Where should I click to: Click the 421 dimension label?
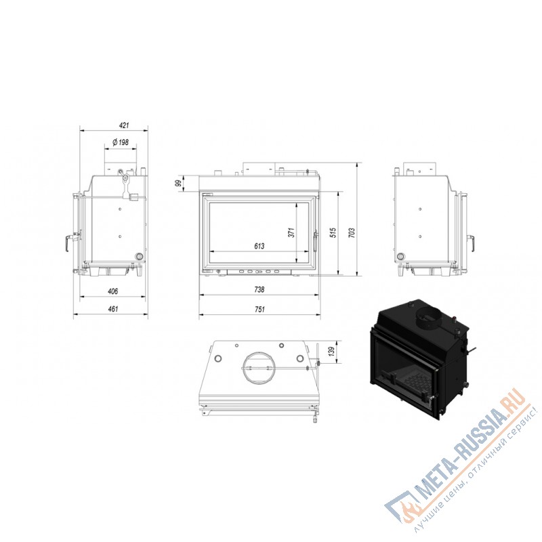coord(124,125)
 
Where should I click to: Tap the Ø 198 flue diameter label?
coord(121,142)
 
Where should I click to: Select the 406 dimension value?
coord(112,291)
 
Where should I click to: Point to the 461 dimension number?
coord(113,309)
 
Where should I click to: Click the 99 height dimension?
coord(178,183)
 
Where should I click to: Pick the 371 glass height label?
coord(291,232)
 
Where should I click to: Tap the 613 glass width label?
coord(259,246)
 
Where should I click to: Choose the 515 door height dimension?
coord(333,232)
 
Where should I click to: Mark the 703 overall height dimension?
coord(352,232)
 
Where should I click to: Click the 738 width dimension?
coord(259,289)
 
